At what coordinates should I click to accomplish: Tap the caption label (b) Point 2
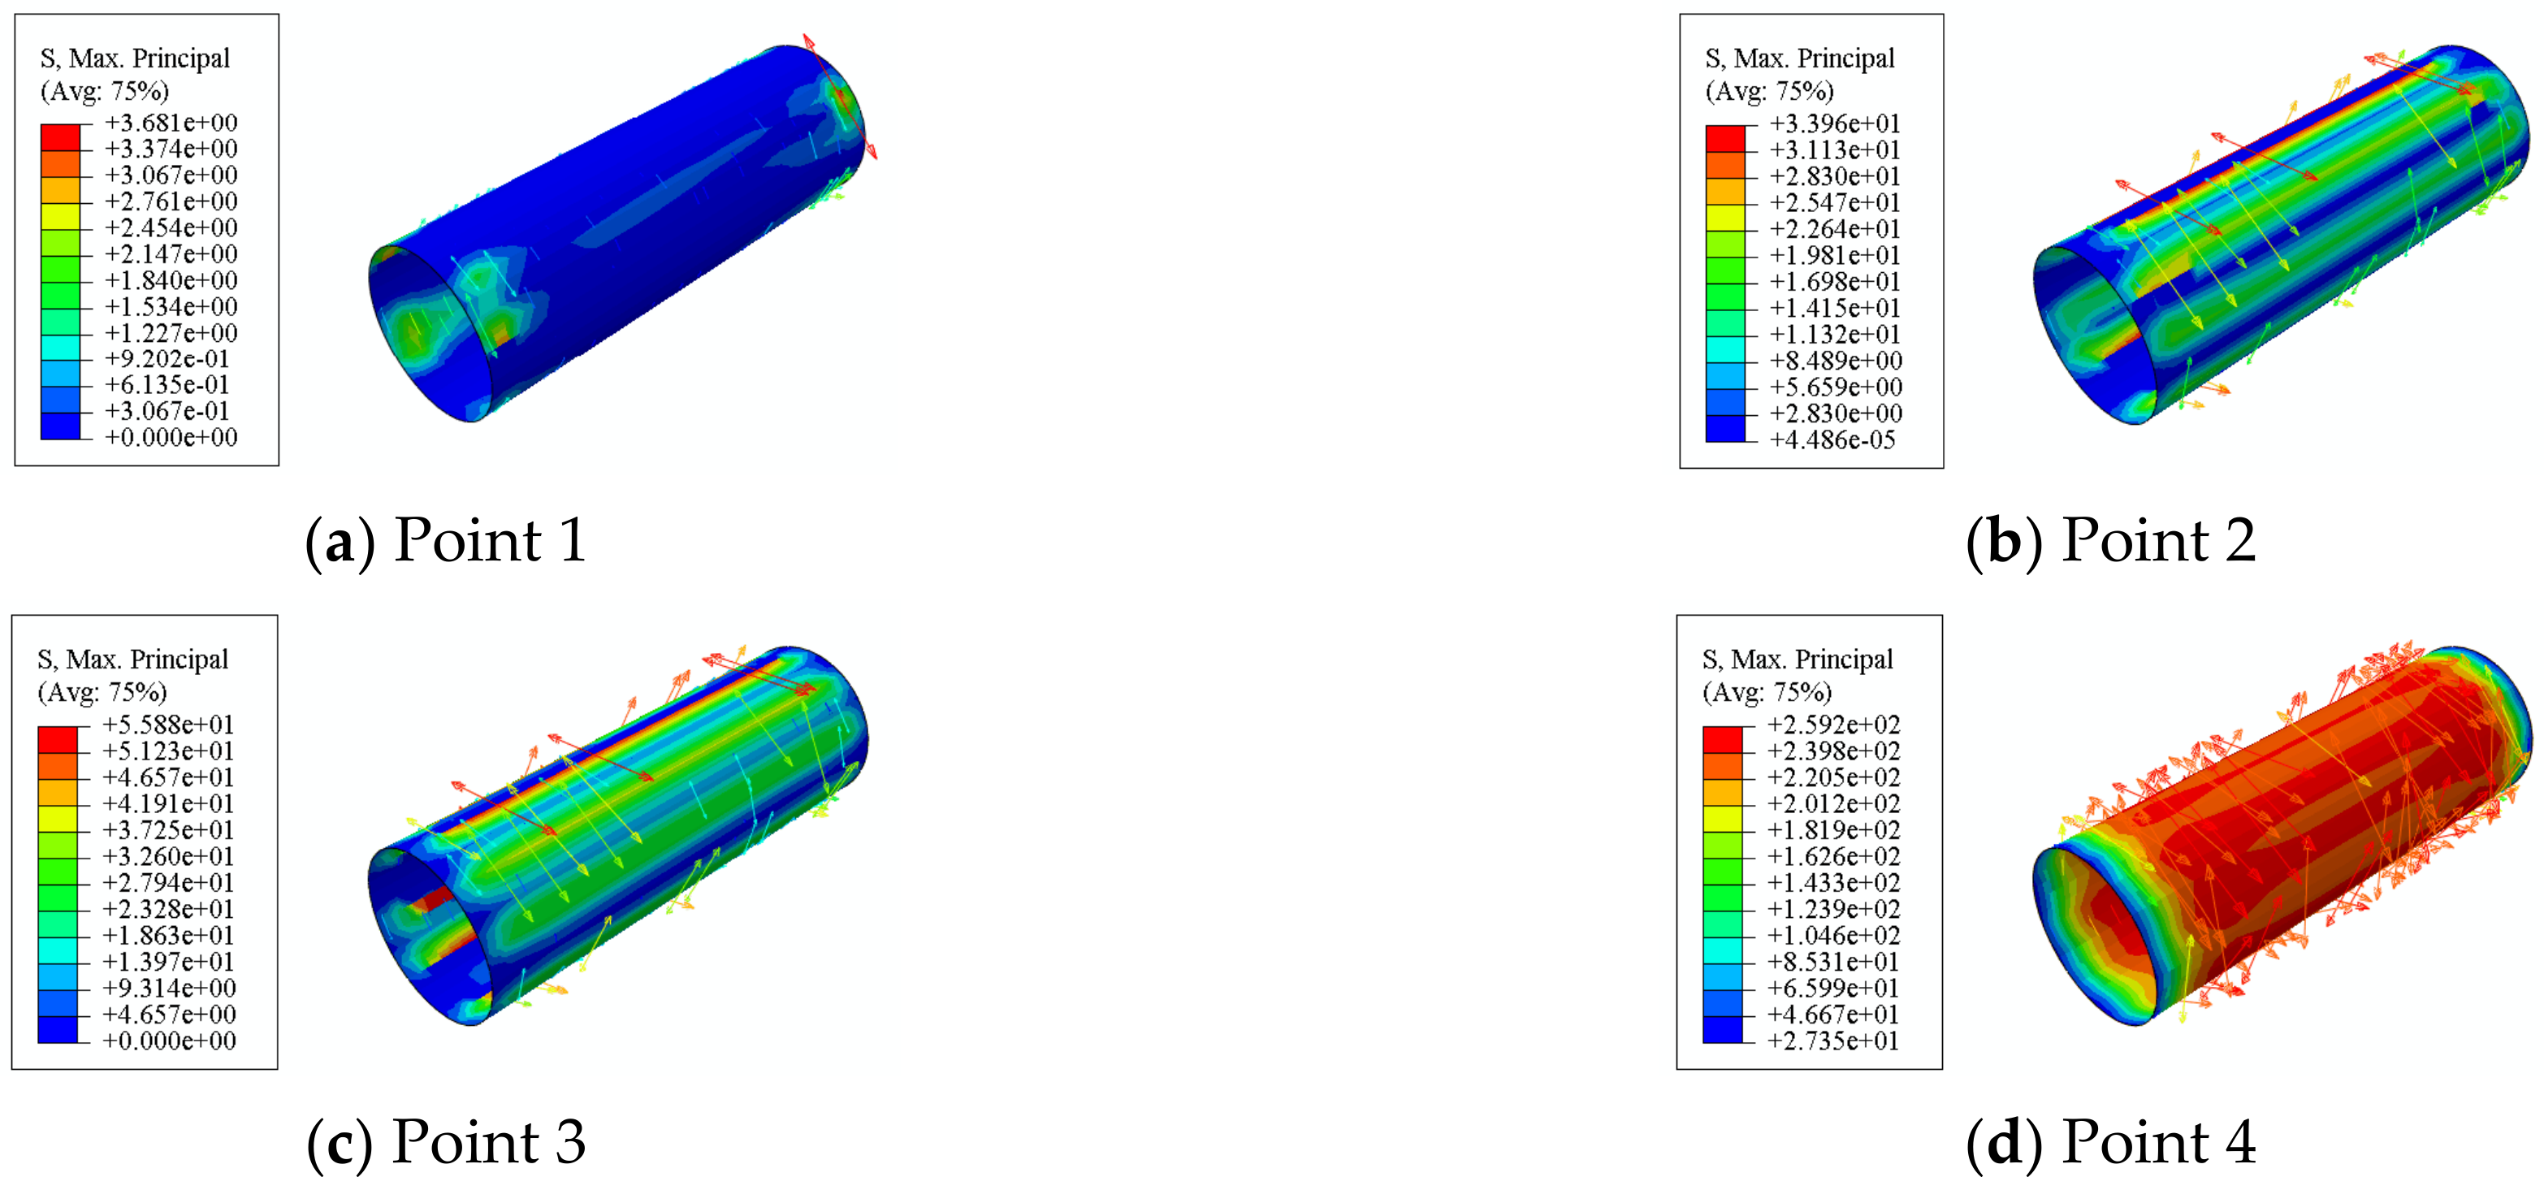(2110, 541)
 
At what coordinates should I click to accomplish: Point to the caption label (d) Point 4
(2110, 1143)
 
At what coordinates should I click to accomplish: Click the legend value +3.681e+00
(171, 123)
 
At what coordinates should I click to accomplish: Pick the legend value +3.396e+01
(1835, 123)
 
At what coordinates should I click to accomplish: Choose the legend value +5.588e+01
(168, 724)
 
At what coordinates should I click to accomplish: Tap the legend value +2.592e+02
(1833, 724)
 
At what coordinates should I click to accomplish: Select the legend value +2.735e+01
(1833, 1040)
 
